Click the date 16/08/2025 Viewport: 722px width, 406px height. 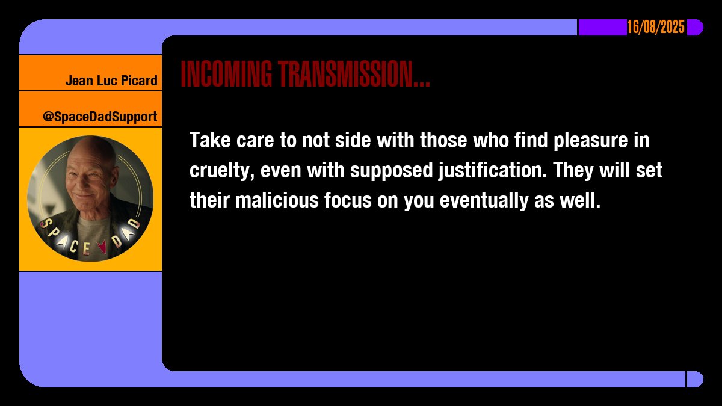(x=656, y=28)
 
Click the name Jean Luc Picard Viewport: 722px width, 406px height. (x=111, y=81)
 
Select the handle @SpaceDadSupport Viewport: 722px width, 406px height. (x=100, y=117)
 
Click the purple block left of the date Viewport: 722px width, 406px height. (x=602, y=28)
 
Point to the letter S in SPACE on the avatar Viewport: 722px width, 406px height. (x=46, y=223)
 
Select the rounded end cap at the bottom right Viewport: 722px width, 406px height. (x=695, y=379)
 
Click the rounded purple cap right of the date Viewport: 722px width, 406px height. (x=695, y=28)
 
